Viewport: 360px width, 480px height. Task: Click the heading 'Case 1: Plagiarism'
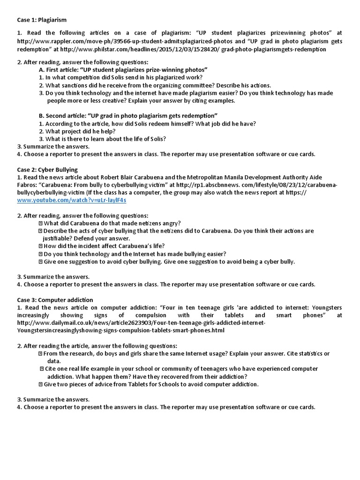[x=42, y=20]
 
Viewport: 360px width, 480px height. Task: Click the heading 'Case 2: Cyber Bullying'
[x=47, y=170]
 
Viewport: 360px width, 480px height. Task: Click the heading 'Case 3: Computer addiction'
[x=55, y=300]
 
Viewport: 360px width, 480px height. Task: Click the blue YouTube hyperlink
[x=72, y=200]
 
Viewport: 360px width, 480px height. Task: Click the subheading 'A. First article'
[x=124, y=70]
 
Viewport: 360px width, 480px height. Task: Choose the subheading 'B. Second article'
[x=128, y=116]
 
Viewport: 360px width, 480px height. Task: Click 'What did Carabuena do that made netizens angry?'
[x=112, y=223]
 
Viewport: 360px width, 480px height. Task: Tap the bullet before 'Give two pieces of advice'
[x=41, y=384]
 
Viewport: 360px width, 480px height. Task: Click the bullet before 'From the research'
[x=41, y=353]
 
